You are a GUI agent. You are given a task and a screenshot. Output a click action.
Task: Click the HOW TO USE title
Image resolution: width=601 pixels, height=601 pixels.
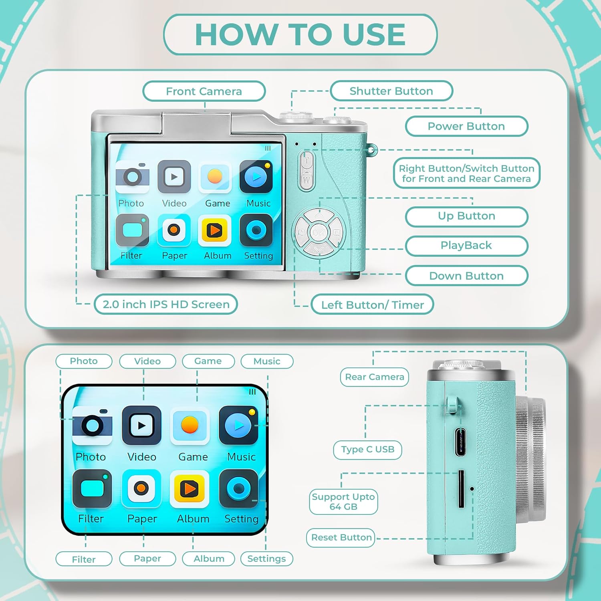point(300,34)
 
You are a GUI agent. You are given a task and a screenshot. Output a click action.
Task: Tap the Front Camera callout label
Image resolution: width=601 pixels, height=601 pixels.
point(204,91)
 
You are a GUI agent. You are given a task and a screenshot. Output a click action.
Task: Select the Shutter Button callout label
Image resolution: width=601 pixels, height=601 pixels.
point(391,91)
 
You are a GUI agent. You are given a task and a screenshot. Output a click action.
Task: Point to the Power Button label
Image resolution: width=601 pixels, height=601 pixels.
point(466,126)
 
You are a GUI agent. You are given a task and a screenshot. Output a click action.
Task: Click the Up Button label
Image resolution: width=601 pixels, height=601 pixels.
point(466,216)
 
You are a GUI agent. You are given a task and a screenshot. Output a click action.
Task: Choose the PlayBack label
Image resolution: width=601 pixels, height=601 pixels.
point(466,245)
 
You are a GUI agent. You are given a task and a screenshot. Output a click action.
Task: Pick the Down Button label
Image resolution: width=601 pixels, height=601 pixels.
point(466,276)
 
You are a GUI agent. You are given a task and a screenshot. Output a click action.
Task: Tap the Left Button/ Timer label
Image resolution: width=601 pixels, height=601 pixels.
point(372,305)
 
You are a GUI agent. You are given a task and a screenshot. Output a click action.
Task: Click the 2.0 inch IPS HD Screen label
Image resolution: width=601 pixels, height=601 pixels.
point(166,304)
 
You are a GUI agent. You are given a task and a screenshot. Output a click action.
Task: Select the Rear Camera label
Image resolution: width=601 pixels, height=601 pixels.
point(375,377)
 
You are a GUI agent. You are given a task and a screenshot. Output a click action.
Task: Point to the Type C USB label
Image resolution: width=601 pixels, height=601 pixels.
point(367,450)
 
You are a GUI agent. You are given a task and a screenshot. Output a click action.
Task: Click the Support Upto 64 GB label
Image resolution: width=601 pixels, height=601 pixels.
point(343,502)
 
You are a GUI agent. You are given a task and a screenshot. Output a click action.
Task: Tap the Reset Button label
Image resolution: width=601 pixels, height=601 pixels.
point(341,537)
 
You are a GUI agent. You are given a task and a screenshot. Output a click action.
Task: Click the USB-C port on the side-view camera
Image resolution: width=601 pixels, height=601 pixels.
point(460,442)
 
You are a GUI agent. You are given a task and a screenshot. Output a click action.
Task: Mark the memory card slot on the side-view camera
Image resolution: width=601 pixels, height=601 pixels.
point(461,489)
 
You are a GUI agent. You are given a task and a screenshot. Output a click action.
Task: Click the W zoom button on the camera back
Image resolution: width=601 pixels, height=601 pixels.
point(307,180)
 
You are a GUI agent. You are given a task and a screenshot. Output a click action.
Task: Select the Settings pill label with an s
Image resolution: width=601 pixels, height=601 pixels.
point(266,559)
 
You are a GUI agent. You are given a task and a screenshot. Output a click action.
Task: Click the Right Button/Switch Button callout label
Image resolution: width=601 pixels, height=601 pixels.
point(466,173)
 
